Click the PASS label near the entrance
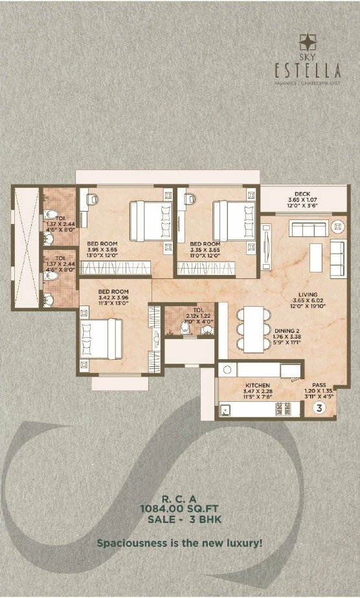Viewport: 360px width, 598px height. [319, 384]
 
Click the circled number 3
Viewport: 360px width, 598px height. [319, 408]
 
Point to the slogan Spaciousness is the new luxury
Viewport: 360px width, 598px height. [179, 543]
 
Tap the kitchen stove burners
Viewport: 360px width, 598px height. [284, 409]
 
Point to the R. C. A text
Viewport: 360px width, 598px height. [179, 499]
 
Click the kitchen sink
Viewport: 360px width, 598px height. [227, 409]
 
